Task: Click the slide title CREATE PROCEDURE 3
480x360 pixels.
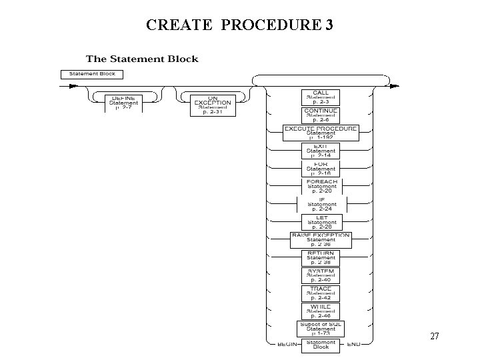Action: [x=240, y=25]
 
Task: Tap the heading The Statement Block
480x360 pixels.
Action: [x=142, y=59]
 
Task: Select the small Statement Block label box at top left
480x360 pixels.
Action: [x=88, y=73]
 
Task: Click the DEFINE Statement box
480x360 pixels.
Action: [x=123, y=103]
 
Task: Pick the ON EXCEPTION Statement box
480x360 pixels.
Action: [x=213, y=104]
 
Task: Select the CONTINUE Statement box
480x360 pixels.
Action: [x=321, y=115]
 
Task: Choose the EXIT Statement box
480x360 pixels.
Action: [x=321, y=151]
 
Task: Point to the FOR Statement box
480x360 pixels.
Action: [x=321, y=168]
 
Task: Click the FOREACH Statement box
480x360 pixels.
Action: [x=321, y=186]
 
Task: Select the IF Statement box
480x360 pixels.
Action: [x=321, y=203]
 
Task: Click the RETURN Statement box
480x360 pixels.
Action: [x=321, y=258]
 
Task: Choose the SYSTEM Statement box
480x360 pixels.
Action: [x=321, y=275]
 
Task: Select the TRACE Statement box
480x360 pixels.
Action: [x=321, y=293]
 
